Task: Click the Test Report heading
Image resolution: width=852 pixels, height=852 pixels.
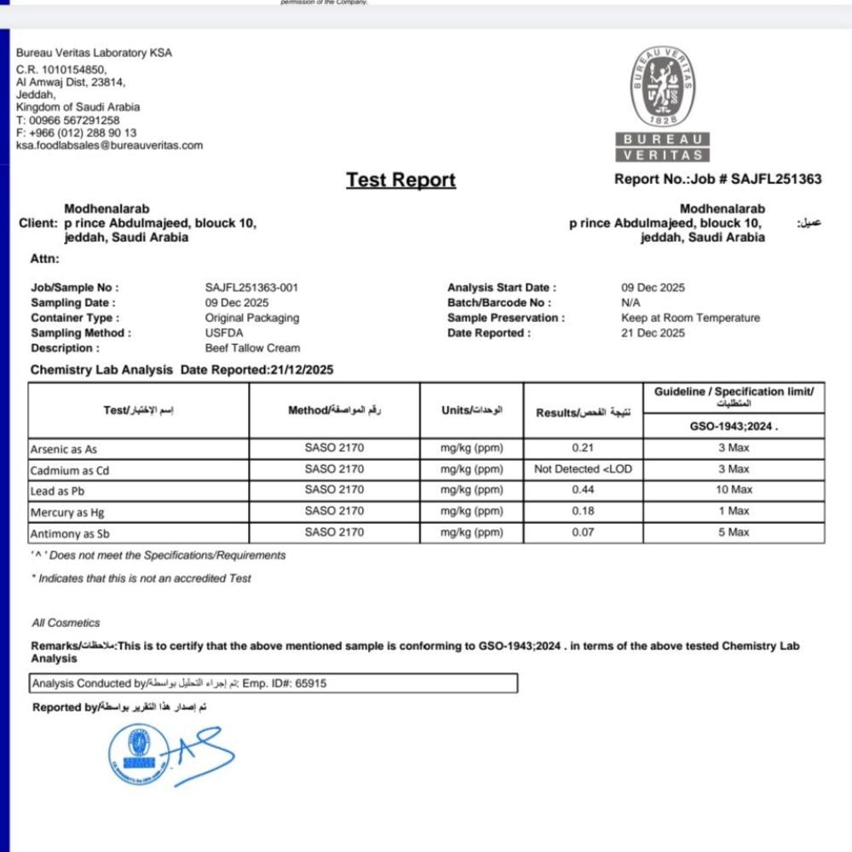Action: [x=400, y=180]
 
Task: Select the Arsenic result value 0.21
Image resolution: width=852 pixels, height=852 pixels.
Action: [x=583, y=448]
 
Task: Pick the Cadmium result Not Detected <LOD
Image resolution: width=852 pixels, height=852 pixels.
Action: [x=583, y=469]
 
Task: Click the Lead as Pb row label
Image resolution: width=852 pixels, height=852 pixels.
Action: [x=58, y=491]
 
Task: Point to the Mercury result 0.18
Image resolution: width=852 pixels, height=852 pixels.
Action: [x=583, y=511]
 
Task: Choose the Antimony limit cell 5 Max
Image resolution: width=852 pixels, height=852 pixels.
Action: [x=734, y=532]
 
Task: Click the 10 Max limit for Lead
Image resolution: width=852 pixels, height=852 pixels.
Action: [x=734, y=490]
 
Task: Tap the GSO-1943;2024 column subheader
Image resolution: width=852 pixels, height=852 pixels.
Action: [x=734, y=425]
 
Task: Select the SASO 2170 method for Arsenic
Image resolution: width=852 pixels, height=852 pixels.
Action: [x=334, y=448]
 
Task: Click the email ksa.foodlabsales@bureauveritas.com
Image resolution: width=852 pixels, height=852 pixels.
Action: [x=110, y=146]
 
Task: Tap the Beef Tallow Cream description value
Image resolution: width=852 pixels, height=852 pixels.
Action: [x=252, y=348]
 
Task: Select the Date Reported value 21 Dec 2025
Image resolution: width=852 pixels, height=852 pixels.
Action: [x=653, y=333]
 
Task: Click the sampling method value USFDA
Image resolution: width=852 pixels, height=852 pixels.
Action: [x=224, y=333]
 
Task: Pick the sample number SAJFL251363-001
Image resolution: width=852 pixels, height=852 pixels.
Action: [x=251, y=288]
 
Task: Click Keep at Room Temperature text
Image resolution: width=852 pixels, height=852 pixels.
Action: [x=690, y=318]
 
